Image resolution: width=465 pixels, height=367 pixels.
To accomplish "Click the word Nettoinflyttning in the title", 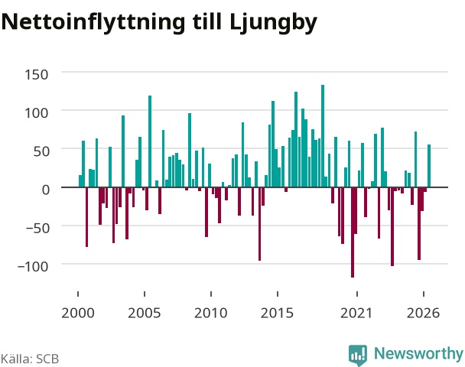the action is click(93, 23).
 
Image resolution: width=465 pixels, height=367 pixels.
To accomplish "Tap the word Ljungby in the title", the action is click(273, 23).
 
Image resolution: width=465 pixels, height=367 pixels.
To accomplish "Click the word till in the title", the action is click(207, 21).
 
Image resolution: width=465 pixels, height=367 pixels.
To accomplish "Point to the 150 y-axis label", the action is click(36, 75).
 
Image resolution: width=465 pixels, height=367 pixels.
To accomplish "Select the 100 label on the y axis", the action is click(36, 113).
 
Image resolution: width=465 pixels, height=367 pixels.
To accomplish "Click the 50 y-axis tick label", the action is click(41, 151).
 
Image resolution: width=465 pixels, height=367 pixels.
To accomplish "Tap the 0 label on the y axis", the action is click(46, 190).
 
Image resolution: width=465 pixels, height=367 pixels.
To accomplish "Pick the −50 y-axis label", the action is click(37, 228).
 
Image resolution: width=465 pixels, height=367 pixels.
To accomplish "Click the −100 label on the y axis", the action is click(33, 267).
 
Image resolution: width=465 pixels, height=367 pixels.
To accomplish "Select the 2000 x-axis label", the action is click(78, 313).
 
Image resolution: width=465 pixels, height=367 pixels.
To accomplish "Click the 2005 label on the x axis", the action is click(144, 313).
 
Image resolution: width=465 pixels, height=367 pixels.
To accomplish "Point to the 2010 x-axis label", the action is click(211, 313).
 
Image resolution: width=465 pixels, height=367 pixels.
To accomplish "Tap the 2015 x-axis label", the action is click(278, 313).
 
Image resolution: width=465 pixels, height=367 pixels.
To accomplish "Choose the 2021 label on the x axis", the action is click(356, 313).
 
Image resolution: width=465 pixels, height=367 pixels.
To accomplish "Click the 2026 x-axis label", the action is click(423, 313).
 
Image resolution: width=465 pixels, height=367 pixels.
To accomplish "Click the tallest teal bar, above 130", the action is click(323, 136).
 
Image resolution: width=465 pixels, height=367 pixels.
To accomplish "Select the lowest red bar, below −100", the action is click(353, 232).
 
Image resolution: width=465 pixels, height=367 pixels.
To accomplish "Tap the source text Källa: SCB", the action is click(30, 359).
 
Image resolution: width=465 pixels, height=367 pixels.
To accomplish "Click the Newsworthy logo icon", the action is click(358, 355).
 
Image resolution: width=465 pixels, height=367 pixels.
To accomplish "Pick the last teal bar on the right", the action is click(429, 166).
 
